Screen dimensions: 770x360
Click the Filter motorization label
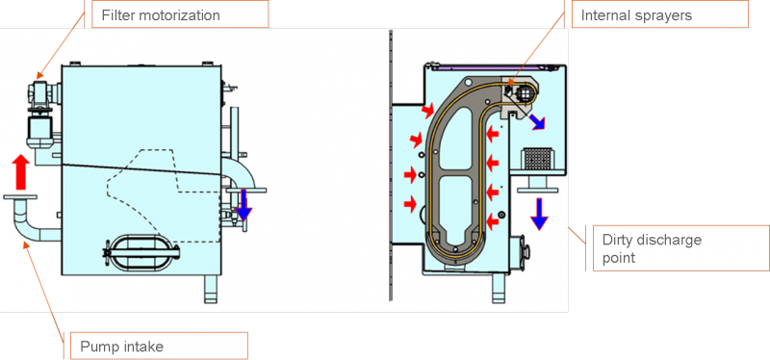point(161,15)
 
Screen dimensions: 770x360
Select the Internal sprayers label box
point(660,13)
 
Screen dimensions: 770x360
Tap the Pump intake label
point(122,347)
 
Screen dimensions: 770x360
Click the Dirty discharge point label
point(652,248)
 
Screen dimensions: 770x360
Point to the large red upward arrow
point(20,171)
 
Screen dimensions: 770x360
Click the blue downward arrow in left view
point(244,205)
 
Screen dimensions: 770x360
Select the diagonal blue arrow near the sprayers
point(536,121)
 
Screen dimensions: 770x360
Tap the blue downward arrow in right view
point(539,214)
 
